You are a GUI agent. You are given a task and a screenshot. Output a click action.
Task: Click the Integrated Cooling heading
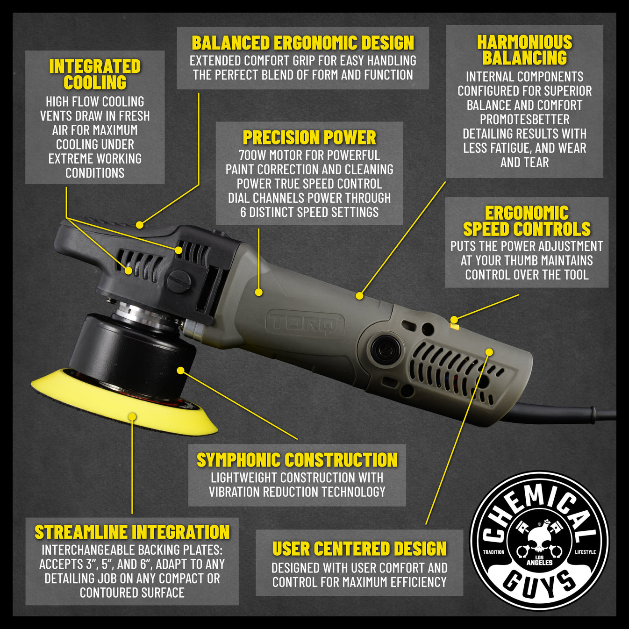95,74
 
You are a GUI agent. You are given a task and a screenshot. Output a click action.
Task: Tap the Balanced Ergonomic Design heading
303,43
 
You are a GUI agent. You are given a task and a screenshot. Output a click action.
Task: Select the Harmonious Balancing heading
524,50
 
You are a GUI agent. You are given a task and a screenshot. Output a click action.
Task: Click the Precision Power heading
309,137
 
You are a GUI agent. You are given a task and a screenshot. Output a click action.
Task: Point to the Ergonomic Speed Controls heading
527,221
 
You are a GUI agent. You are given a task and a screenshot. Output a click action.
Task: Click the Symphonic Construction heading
297,460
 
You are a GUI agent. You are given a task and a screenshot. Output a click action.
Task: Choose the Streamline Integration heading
132,532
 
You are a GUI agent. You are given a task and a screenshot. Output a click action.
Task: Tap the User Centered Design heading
359,549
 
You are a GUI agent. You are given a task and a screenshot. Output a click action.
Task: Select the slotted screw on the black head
179,281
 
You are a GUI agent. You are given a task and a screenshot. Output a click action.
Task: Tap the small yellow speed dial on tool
454,327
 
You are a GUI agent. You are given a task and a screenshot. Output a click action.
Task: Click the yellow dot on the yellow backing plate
132,416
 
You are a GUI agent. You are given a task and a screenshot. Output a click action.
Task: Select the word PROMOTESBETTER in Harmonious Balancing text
524,120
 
